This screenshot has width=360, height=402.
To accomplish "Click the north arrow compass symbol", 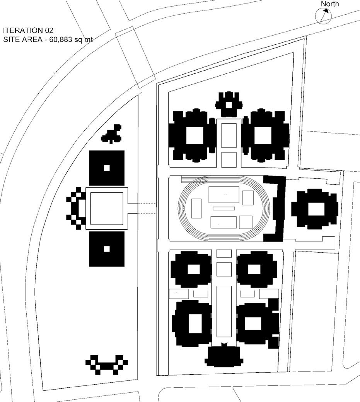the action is (324, 16).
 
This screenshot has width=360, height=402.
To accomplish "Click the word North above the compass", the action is (330, 4).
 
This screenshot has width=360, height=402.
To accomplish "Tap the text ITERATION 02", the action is (28, 30).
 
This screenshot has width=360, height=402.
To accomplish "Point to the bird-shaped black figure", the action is (112, 133).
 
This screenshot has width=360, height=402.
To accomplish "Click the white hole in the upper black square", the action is (107, 168).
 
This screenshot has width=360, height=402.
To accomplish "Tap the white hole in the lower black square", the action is (107, 249).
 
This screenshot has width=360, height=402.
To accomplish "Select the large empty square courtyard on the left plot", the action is (107, 208).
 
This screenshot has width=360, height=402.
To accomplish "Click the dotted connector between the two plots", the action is (146, 208).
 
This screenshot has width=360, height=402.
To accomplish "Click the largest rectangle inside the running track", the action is (224, 194).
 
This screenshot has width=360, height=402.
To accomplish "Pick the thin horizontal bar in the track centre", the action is (224, 209).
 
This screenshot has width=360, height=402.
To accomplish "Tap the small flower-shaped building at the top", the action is (229, 104).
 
